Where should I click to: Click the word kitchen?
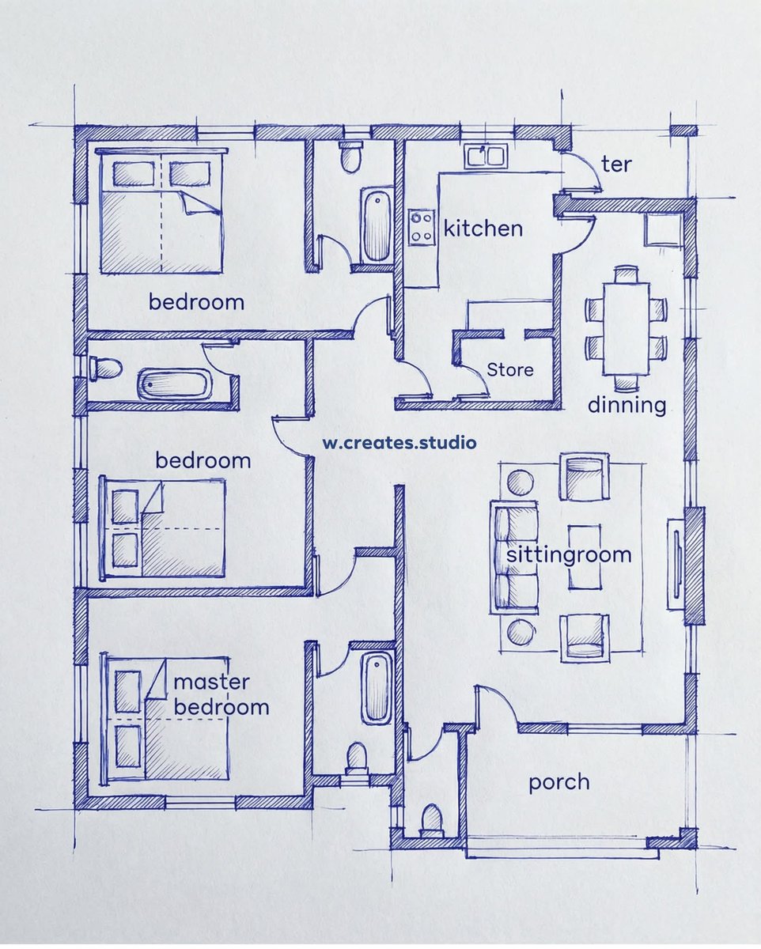(483, 229)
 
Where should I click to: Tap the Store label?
(510, 369)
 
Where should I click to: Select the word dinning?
(627, 406)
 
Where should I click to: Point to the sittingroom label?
(569, 555)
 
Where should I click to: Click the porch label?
(559, 783)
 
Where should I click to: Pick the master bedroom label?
(221, 694)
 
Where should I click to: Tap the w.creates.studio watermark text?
(399, 442)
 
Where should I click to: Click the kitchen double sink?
(486, 156)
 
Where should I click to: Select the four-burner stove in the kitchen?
(422, 228)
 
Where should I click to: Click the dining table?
(627, 328)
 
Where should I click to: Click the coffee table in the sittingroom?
(585, 557)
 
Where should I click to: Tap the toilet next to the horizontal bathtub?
(105, 369)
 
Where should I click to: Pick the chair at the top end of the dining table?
(627, 274)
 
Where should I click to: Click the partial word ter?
(616, 164)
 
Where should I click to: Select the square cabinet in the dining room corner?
(663, 230)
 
